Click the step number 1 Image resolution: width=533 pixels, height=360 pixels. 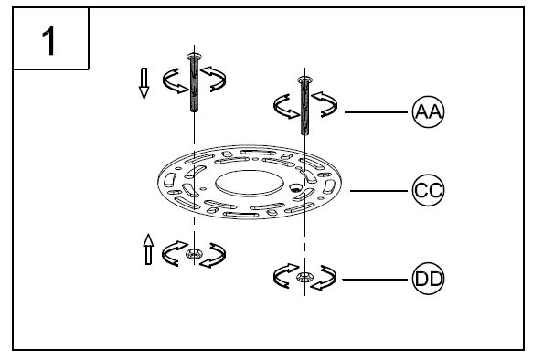pyautogui.click(x=49, y=41)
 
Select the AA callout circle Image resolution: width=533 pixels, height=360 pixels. pyautogui.click(x=428, y=111)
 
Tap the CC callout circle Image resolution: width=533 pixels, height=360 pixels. pyautogui.click(x=428, y=190)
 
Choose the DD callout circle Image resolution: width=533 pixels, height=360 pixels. pyautogui.click(x=428, y=279)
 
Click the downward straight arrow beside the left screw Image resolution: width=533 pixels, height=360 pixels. pyautogui.click(x=144, y=83)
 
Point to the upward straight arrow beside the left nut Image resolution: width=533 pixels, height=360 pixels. pyautogui.click(x=148, y=249)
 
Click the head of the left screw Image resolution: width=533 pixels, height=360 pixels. pyautogui.click(x=194, y=57)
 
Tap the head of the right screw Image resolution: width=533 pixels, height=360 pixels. pyautogui.click(x=304, y=80)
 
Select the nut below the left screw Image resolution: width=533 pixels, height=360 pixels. pyautogui.click(x=194, y=253)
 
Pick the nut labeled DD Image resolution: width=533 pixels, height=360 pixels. pyautogui.click(x=304, y=278)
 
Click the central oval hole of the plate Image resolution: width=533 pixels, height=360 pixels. pyautogui.click(x=250, y=183)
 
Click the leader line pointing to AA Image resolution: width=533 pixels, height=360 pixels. pyautogui.click(x=376, y=112)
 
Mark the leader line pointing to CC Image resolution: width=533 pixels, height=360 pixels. pyautogui.click(x=378, y=191)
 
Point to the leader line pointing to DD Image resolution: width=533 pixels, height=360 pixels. pyautogui.click(x=375, y=280)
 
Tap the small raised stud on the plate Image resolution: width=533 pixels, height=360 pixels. pyautogui.click(x=294, y=187)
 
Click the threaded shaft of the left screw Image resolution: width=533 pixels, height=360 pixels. pyautogui.click(x=194, y=86)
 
